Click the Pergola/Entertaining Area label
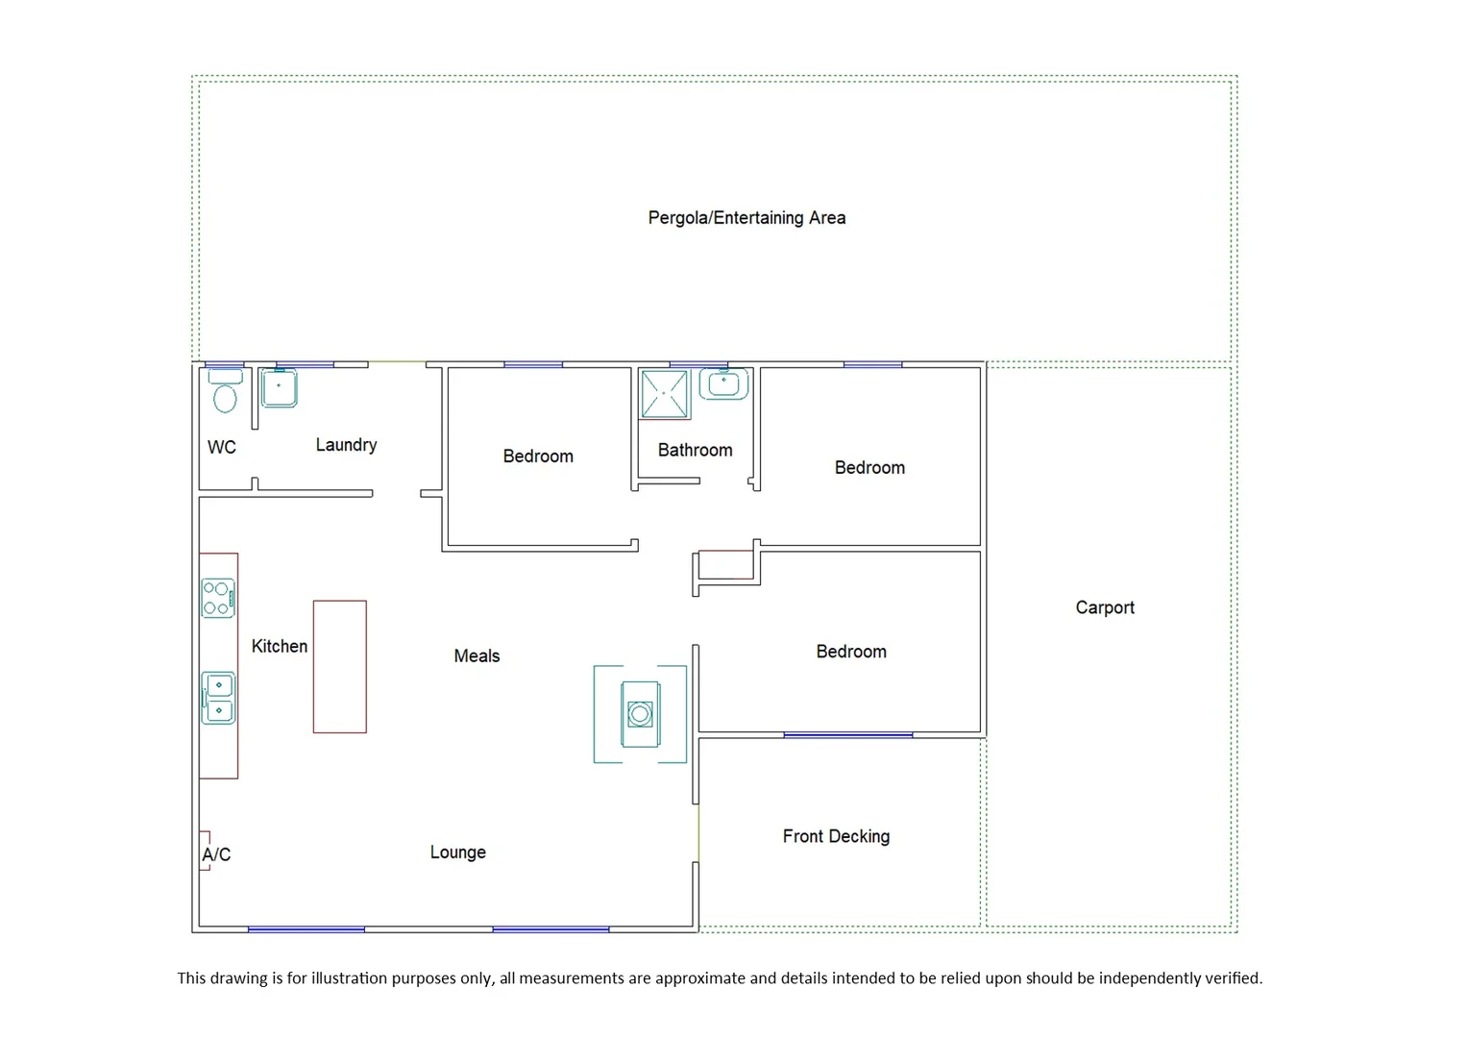click(746, 218)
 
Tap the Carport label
click(1105, 607)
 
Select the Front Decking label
click(836, 836)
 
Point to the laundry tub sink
click(280, 388)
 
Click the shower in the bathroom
click(665, 394)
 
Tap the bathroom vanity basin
click(723, 384)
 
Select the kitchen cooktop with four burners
click(218, 598)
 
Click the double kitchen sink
click(219, 698)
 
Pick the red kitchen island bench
click(340, 667)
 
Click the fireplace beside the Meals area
click(640, 714)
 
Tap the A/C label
click(216, 854)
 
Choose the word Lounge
click(457, 853)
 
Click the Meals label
click(477, 656)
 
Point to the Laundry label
click(346, 445)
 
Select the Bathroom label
click(695, 450)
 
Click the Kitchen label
click(280, 647)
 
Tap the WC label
click(222, 447)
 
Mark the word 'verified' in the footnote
click(1234, 978)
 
